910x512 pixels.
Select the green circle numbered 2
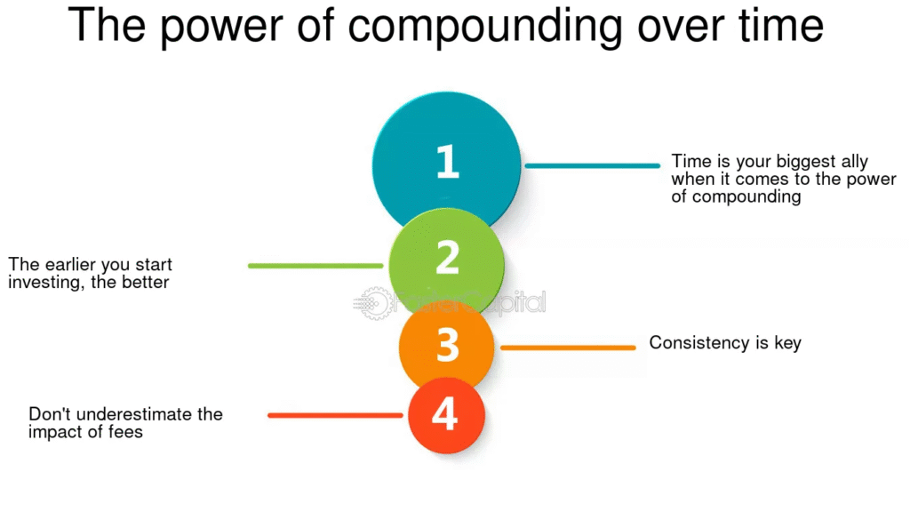tap(446, 265)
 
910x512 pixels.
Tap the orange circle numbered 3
tap(446, 347)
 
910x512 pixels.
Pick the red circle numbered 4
tap(446, 415)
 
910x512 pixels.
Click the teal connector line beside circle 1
tap(593, 165)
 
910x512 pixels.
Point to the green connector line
tap(315, 266)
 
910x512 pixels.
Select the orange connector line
tap(568, 348)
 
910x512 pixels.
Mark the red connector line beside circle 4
tap(335, 416)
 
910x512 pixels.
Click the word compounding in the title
tap(484, 27)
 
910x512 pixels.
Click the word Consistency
tap(700, 343)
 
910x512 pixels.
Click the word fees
tap(125, 432)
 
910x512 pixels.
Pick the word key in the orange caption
tap(787, 343)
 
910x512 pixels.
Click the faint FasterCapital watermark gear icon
tap(373, 302)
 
